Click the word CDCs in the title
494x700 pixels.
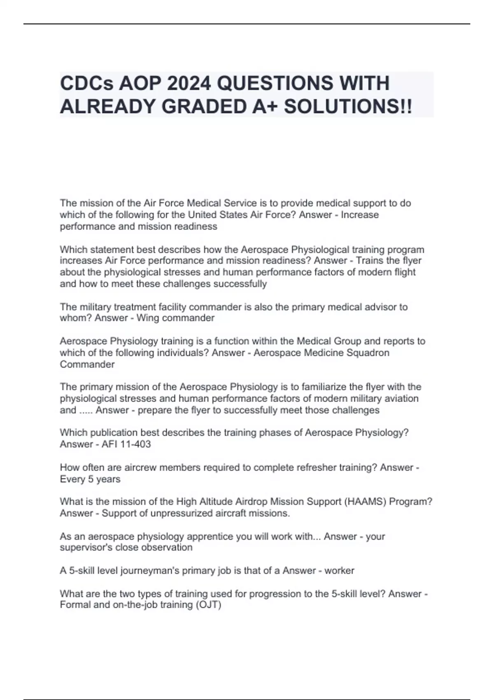click(x=87, y=83)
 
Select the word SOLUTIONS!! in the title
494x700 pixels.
click(x=348, y=107)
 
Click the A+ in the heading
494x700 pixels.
click(x=267, y=107)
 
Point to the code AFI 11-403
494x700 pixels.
click(x=126, y=444)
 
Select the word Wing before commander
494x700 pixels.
click(x=147, y=318)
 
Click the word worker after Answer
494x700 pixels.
click(x=339, y=571)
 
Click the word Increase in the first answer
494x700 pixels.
click(x=360, y=215)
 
